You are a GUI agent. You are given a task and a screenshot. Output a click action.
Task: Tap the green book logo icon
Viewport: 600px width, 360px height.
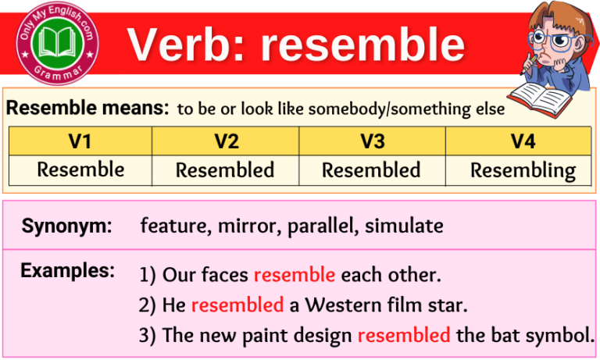(x=54, y=43)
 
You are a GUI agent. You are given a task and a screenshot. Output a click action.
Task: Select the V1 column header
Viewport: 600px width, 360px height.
(x=80, y=141)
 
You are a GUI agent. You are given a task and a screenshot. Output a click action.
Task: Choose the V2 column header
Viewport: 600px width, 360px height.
(x=225, y=141)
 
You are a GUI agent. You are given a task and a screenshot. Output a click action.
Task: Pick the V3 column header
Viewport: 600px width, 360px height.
(x=372, y=141)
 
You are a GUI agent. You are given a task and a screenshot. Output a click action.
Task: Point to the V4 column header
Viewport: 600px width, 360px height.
(x=518, y=141)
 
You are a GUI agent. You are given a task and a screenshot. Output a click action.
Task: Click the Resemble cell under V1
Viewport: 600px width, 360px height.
(x=80, y=169)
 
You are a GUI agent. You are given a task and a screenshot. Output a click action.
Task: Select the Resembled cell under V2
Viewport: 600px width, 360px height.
(x=225, y=169)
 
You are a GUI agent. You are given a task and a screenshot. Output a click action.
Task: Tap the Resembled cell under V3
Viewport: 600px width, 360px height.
(x=372, y=169)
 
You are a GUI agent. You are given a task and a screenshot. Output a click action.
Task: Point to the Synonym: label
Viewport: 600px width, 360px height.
(x=67, y=226)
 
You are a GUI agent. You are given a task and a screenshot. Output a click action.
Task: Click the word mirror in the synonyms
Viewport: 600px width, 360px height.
(x=249, y=226)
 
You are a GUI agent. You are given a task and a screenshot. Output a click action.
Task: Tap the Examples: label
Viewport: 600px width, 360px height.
(x=67, y=271)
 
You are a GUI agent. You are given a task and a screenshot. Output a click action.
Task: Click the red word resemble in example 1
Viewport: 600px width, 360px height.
(x=295, y=275)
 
